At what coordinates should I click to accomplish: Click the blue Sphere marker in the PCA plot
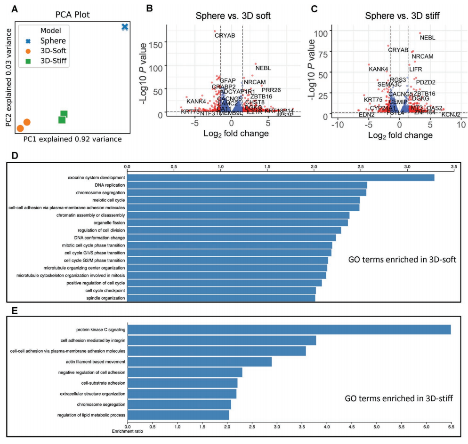point(125,27)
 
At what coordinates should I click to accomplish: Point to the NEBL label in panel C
point(428,38)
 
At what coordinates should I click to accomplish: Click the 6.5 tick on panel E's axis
point(451,427)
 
